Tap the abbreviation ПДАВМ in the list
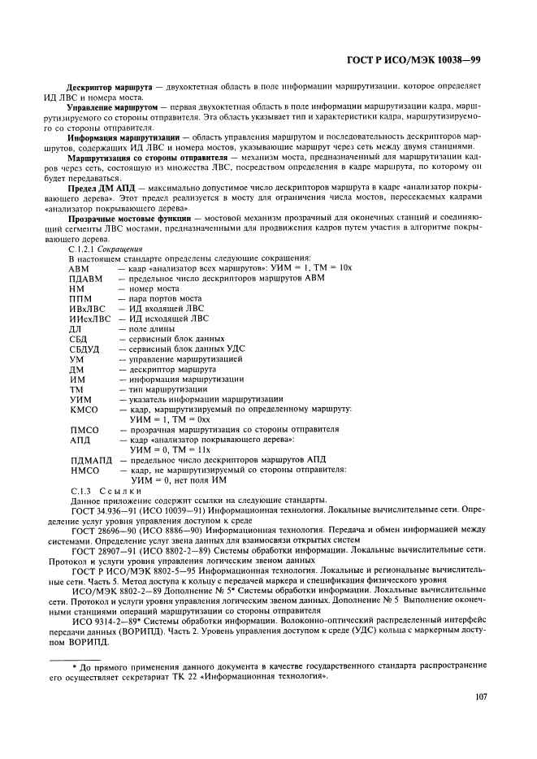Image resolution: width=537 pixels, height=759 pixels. point(88,278)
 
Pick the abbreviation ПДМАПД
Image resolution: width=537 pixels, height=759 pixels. point(90,460)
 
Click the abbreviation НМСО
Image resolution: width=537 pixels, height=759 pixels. point(84,471)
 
